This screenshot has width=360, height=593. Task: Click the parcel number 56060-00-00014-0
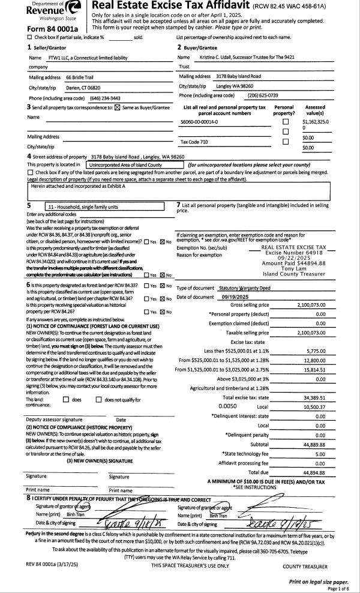click(199, 122)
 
